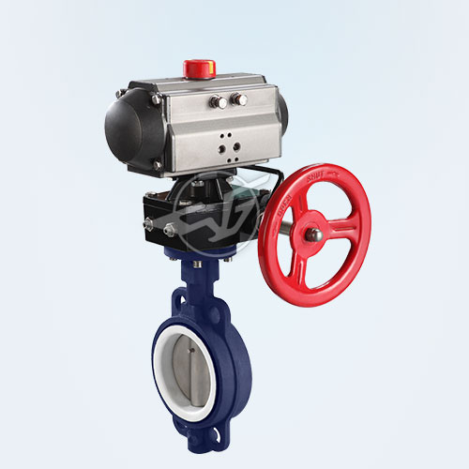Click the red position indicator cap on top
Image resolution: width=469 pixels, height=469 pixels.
tap(198, 68)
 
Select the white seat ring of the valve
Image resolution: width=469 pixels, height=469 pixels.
tap(167, 356)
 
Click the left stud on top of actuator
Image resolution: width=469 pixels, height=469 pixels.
tap(216, 102)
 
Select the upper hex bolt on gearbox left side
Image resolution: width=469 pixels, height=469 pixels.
tap(148, 223)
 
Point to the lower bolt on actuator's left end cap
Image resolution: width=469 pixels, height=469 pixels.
tap(157, 166)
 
